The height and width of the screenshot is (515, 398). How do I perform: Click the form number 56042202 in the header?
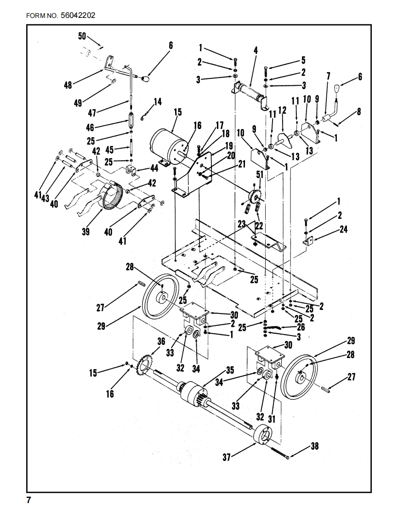78,16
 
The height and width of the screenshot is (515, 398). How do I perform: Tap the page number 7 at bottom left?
28,500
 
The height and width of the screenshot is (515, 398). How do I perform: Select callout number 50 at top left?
82,36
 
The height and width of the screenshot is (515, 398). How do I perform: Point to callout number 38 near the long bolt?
314,446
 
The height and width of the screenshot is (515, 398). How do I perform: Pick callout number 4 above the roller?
256,50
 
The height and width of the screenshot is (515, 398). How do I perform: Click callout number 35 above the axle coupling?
230,370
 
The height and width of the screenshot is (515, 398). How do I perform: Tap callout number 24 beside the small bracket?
343,229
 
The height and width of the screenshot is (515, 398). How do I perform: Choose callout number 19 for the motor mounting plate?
228,146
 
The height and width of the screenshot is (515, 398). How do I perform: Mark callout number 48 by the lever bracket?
68,85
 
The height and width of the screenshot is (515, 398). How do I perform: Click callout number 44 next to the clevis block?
154,168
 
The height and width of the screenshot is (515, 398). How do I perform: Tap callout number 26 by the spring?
301,327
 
